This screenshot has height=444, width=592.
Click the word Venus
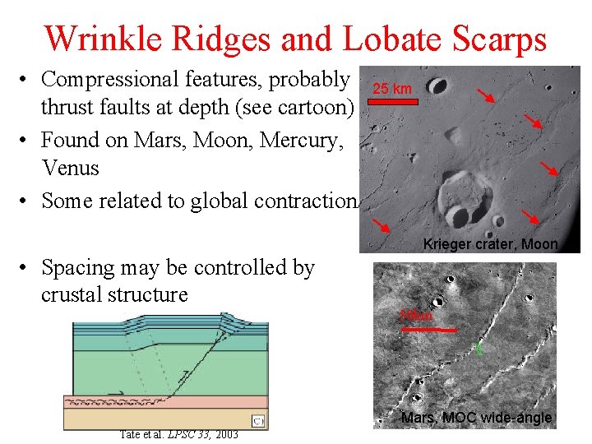point(70,168)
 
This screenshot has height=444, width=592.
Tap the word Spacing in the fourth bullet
point(81,267)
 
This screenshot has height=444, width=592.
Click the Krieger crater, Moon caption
point(490,244)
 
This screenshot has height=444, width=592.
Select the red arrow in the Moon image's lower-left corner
point(380,226)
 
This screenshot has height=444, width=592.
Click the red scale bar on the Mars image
point(427,328)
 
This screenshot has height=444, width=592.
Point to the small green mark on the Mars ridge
point(479,349)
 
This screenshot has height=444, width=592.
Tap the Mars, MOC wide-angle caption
point(476,419)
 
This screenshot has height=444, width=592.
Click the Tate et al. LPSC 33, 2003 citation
point(178,434)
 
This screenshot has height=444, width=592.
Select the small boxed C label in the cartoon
point(257,422)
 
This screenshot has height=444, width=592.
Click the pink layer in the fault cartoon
point(164,401)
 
